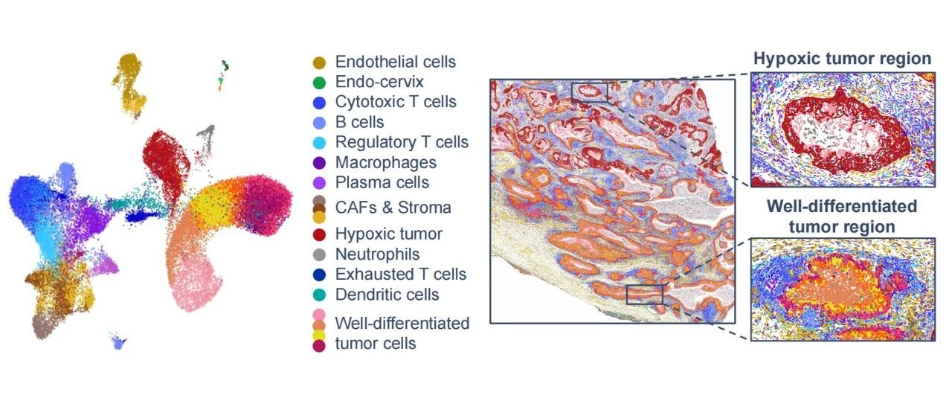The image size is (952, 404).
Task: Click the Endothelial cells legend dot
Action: pyautogui.click(x=319, y=62)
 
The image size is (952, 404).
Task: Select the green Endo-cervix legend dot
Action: pyautogui.click(x=319, y=83)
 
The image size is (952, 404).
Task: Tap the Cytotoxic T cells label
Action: pyautogui.click(x=396, y=102)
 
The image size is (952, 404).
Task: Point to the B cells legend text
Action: pyautogui.click(x=359, y=122)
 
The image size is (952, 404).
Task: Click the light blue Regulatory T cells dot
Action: pyautogui.click(x=319, y=143)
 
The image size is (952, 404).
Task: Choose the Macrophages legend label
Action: pyautogui.click(x=386, y=162)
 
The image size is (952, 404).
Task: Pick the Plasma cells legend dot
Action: pyautogui.click(x=319, y=183)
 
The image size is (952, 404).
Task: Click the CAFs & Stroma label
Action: pyautogui.click(x=393, y=208)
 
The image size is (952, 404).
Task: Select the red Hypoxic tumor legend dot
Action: pyautogui.click(x=319, y=235)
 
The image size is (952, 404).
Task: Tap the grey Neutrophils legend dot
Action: pyautogui.click(x=319, y=254)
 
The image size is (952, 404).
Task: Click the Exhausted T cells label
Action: pyautogui.click(x=401, y=275)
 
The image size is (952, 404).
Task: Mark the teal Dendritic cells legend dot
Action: pyautogui.click(x=319, y=295)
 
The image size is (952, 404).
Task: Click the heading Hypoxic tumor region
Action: pyautogui.click(x=843, y=59)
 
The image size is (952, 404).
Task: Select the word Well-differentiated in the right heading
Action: pyautogui.click(x=842, y=206)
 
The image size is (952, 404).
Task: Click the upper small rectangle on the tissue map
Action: pyautogui.click(x=590, y=92)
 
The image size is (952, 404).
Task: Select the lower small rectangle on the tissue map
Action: pyautogui.click(x=645, y=295)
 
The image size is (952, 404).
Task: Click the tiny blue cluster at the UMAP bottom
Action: pyautogui.click(x=118, y=342)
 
